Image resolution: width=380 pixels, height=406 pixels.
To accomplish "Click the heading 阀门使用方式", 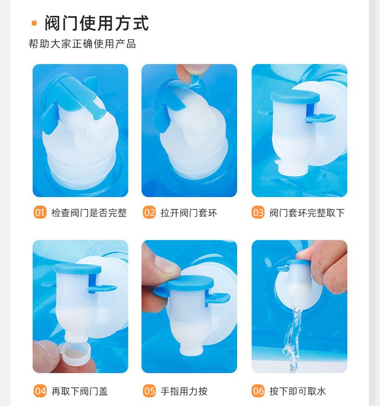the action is point(97,23).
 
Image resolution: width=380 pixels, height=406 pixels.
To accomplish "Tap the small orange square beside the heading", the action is point(34,23).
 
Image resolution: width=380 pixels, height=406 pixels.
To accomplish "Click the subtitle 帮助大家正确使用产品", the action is point(82,44).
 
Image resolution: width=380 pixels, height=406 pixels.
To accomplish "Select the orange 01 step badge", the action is point(40,212).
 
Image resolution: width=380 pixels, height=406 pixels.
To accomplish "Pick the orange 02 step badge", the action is point(149,212).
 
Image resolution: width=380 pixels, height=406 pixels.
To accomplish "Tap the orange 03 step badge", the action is point(258,212).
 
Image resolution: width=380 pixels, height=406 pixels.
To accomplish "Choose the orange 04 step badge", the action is point(40,391).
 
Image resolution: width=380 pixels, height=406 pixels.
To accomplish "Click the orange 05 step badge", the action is point(149,391).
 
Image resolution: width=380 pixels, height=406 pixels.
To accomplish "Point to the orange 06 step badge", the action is point(258,391).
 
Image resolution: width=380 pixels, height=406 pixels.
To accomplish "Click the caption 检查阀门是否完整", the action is point(89,213).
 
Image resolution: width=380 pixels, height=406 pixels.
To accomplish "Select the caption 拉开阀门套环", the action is point(189,213).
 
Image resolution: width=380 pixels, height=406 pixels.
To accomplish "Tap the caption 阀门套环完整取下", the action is point(307,213).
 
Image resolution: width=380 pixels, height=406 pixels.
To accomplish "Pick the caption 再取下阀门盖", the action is point(79,391).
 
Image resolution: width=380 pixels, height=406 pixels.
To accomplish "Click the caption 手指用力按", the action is point(184,391).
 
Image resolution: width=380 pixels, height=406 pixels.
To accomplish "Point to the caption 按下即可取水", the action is point(297,391).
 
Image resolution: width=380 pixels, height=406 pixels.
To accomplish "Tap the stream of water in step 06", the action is point(293,339).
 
